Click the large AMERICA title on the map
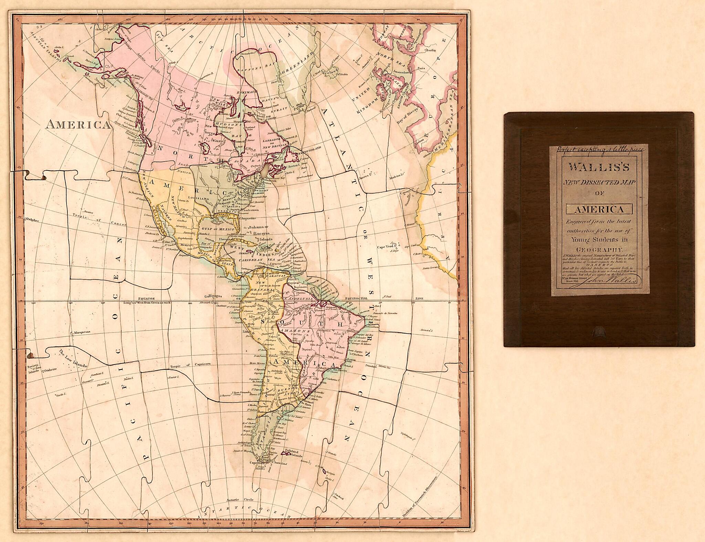point(78,124)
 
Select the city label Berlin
point(430,50)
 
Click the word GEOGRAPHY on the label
point(599,250)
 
